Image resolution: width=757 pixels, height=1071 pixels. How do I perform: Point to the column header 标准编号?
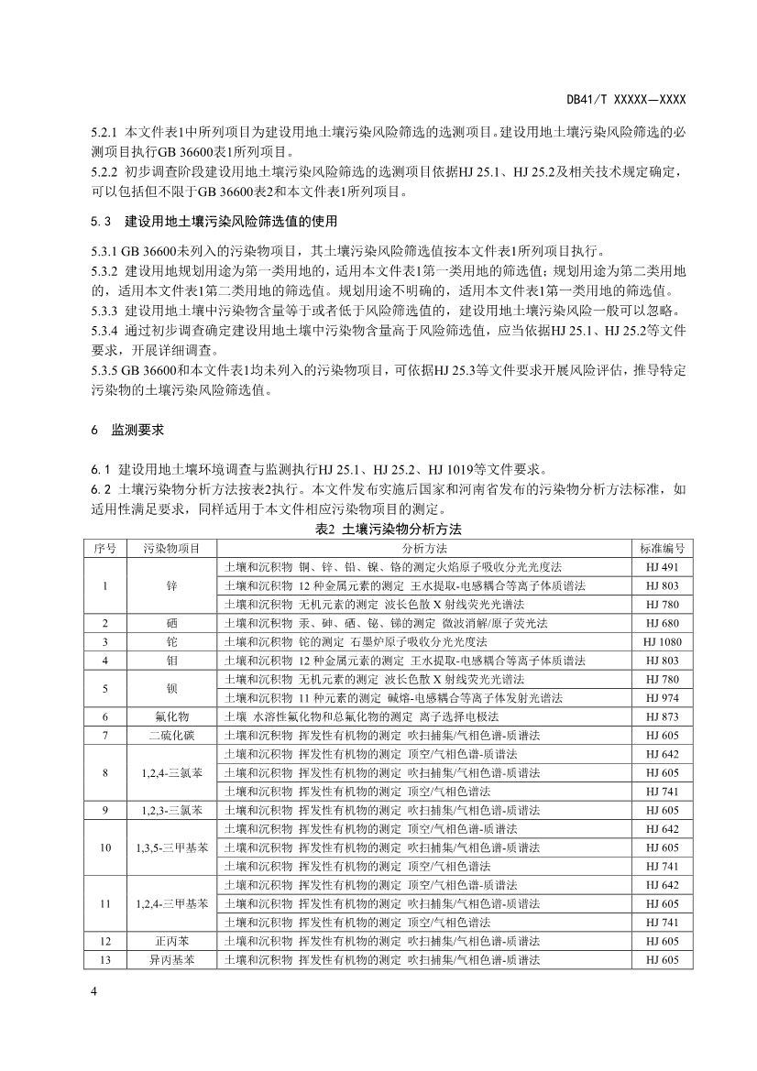tap(662, 548)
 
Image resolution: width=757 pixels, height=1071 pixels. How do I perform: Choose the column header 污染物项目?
tap(171, 548)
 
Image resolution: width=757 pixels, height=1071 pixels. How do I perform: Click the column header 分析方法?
tap(425, 548)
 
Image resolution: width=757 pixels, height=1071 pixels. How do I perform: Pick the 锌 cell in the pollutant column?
tap(171, 585)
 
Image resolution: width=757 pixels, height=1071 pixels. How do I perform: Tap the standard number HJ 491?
tap(662, 566)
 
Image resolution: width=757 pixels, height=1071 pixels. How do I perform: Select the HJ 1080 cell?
tap(662, 641)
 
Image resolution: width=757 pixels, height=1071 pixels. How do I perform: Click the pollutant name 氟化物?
tap(171, 716)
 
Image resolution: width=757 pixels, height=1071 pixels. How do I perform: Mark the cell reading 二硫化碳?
tap(171, 735)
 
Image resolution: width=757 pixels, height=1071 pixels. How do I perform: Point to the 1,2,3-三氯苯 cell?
tap(171, 810)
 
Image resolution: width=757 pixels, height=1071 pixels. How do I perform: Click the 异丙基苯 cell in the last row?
tap(171, 959)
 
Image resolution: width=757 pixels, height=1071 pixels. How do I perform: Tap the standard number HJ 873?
tap(662, 716)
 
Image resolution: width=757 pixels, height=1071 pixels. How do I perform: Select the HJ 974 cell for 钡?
tap(662, 697)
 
